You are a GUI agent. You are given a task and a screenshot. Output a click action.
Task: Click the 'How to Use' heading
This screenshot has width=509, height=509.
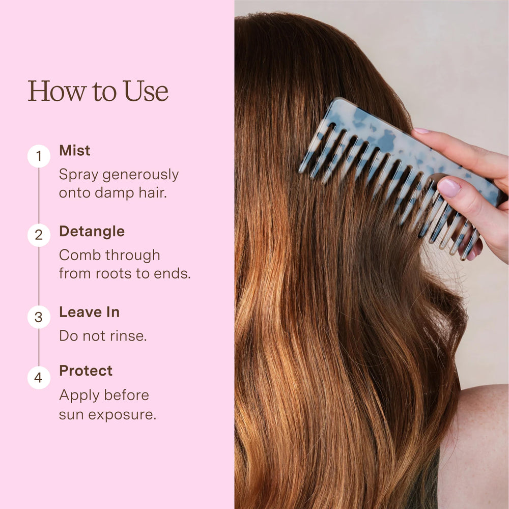coord(98,91)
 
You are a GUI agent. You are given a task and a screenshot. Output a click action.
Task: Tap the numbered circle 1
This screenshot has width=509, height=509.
coord(39,156)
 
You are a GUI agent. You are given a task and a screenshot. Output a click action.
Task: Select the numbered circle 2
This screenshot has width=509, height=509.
coord(39,235)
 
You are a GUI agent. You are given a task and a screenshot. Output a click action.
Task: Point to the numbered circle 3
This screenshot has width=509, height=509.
coord(39,317)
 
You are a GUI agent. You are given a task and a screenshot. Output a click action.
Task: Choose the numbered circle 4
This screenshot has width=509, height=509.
coord(39,378)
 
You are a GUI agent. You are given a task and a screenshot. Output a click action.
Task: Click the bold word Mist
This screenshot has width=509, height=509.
coord(75,151)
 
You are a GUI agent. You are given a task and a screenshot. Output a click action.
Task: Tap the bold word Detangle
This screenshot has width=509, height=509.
coord(92,232)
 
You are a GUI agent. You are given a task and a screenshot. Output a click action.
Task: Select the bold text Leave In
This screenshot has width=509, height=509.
coord(89,313)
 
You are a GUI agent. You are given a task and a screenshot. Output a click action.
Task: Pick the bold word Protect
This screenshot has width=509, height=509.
coord(86,371)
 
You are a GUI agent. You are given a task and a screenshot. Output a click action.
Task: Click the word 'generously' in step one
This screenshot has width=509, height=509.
coord(140,175)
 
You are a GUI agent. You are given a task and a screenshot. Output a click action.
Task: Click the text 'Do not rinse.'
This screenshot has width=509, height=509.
coord(103,336)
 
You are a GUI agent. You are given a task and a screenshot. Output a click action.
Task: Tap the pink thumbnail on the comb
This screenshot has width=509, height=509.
coord(449,188)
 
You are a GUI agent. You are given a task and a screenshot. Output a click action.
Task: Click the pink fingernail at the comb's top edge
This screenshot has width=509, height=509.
coord(421,131)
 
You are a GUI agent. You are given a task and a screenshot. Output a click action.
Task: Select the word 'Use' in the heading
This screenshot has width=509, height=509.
coord(146,91)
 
